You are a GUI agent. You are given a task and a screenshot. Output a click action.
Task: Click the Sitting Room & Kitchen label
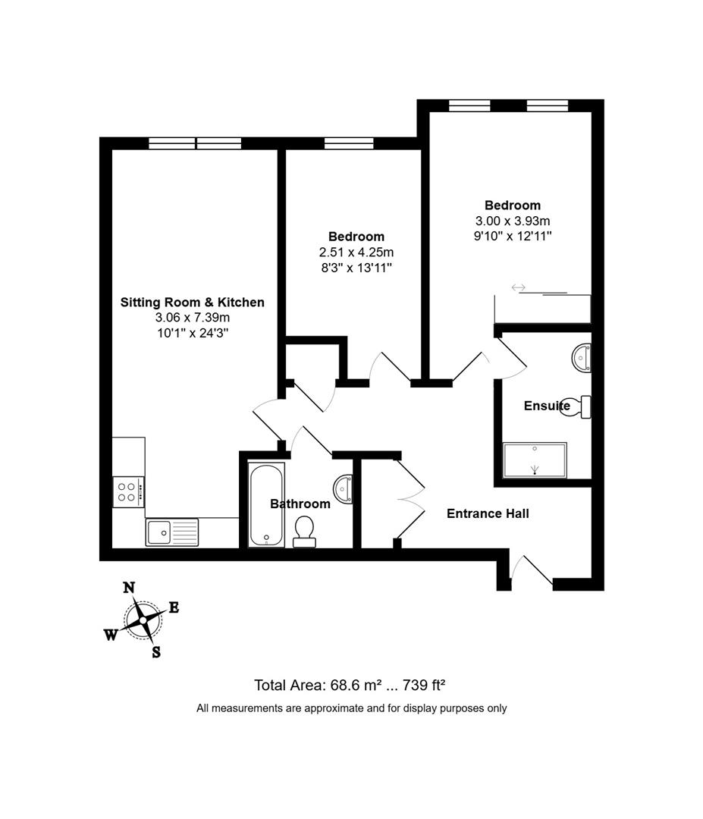pos(193,303)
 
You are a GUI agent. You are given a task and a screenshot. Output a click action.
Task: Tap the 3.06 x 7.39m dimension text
pos(193,318)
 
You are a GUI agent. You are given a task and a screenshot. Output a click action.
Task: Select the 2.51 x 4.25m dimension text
pos(356,252)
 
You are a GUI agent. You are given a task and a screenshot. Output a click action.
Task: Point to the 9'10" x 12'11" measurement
pos(513,236)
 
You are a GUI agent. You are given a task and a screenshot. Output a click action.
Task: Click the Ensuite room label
pos(546,406)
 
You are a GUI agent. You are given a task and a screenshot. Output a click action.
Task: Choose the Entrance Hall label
pos(488,513)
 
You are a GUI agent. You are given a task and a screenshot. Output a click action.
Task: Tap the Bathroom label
pos(300,504)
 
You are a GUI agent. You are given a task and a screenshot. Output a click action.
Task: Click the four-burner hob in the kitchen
pos(127,491)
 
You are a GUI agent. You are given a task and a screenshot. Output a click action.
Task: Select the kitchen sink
pos(161,532)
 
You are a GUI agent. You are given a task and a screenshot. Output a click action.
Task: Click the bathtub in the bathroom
pos(266,505)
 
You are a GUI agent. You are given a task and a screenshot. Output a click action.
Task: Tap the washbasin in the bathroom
pos(344,489)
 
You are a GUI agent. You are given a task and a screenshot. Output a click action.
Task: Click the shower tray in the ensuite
pos(535,460)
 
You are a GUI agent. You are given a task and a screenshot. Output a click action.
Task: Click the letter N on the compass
pos(129,587)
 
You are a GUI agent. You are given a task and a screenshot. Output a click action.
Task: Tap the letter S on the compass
pos(156,652)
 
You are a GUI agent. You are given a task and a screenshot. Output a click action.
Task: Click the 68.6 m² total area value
pos(360,686)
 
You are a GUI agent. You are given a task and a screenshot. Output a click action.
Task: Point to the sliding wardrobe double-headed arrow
pos(519,287)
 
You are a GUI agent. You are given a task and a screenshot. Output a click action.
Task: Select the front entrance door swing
pos(533,571)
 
